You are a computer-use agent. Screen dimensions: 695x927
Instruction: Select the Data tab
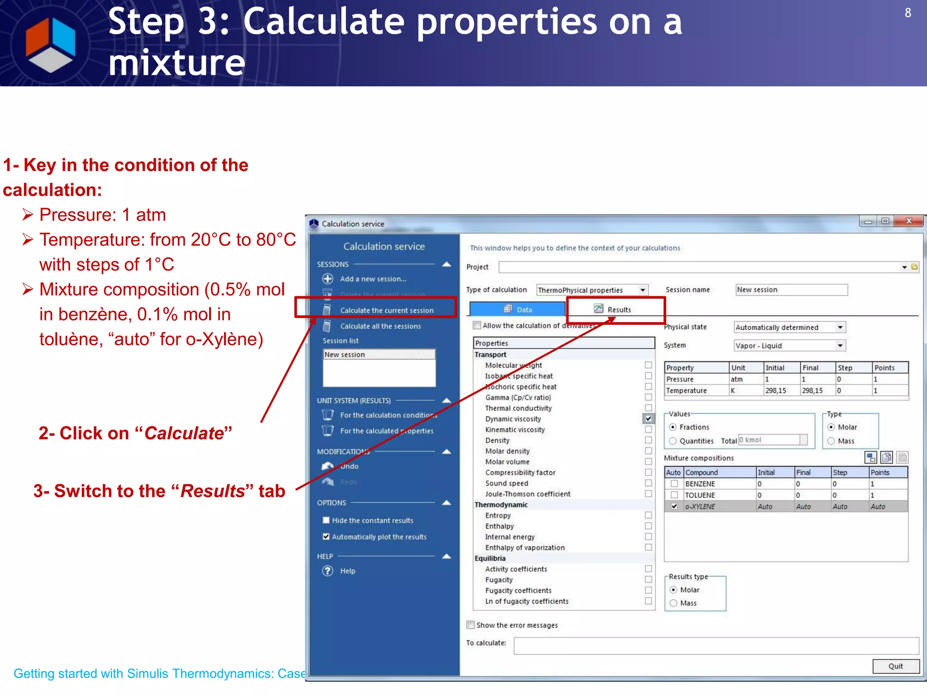518,309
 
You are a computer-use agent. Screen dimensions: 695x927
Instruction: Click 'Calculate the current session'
387,310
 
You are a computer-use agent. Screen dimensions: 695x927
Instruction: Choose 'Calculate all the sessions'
380,326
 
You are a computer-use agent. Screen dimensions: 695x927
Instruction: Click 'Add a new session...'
373,279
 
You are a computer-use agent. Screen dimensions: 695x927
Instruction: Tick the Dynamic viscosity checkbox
648,419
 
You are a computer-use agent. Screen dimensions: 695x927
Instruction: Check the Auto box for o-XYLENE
674,506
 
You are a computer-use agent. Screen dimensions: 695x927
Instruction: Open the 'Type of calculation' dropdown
642,290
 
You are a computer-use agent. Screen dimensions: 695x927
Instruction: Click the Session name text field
791,290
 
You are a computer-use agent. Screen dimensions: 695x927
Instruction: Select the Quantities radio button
673,441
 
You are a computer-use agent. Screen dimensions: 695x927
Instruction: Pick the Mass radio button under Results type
674,603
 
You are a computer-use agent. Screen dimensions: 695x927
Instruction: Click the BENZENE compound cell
700,484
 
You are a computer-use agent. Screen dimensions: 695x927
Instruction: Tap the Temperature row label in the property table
686,390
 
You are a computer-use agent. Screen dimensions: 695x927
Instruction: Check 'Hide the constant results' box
326,520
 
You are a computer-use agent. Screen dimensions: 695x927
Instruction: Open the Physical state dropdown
840,327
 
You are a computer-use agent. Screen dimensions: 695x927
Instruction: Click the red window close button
908,221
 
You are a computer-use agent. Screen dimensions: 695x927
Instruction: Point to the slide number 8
908,13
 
